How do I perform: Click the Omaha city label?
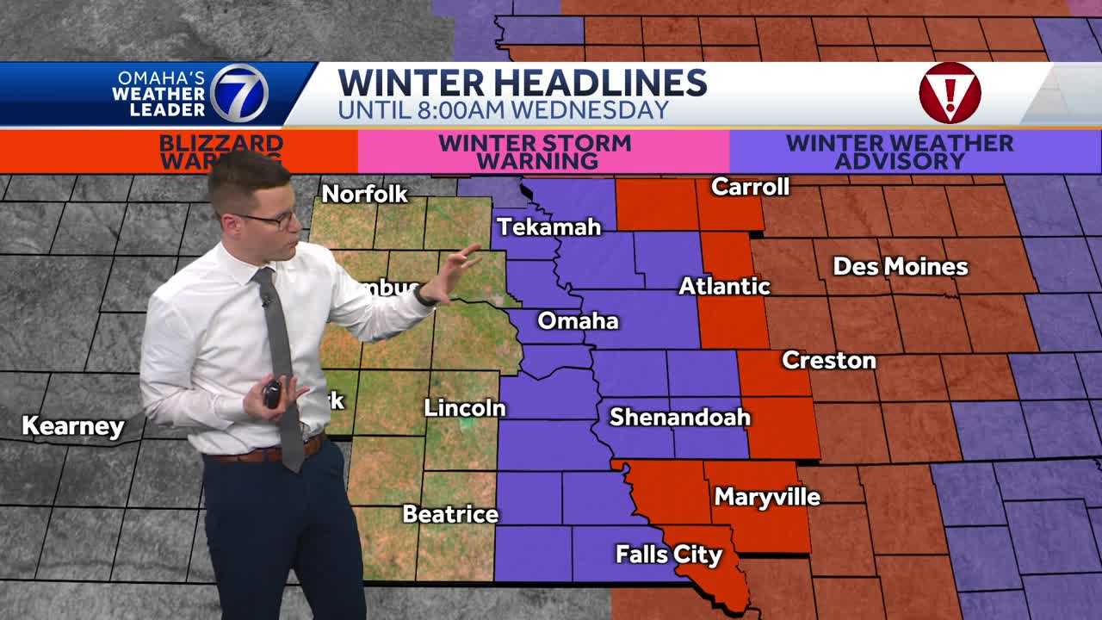578,321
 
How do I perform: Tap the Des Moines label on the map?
900,267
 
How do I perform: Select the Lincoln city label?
464,408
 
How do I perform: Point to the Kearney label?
73,425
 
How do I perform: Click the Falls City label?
668,555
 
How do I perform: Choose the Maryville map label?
767,497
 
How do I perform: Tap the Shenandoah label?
680,418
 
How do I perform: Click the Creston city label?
828,360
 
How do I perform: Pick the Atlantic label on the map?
724,286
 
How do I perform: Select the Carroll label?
751,186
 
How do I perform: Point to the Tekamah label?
549,227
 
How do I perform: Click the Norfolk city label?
364,195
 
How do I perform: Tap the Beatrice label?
450,514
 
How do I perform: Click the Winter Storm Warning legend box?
543,152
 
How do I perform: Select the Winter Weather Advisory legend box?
899,152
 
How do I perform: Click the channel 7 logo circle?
239,93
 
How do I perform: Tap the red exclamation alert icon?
950,93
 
